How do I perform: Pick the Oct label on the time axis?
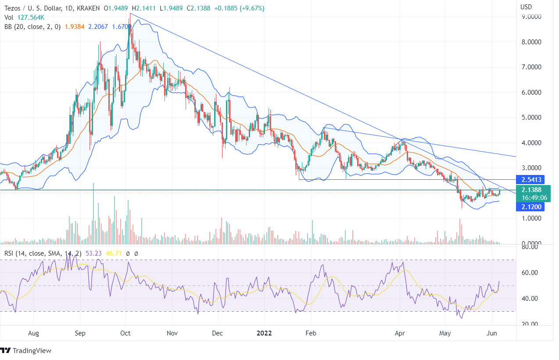126,333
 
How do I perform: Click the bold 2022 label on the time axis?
264,333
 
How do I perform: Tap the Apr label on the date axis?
400,333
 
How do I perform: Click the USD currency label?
527,7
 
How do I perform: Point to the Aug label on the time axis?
33,333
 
